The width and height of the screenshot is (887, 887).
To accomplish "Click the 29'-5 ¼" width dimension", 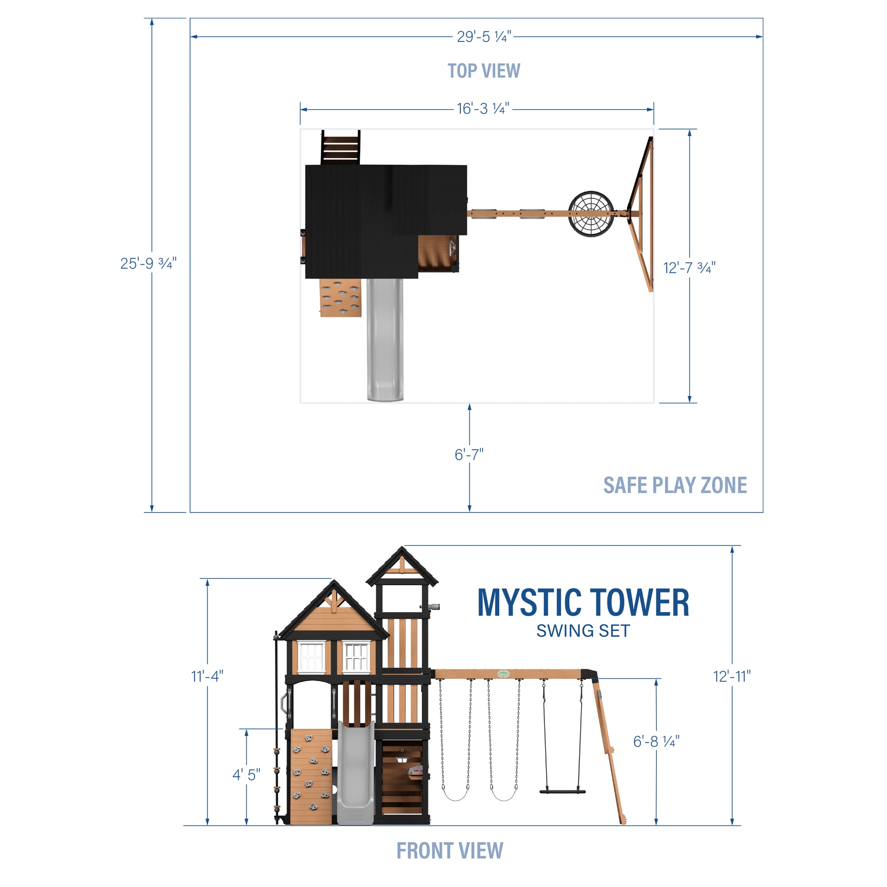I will (x=483, y=37).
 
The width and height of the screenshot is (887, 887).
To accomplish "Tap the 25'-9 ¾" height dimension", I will (x=148, y=263).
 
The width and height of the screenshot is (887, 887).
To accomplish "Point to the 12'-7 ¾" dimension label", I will (x=689, y=268).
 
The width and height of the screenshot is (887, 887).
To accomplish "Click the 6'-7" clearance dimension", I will (x=469, y=455).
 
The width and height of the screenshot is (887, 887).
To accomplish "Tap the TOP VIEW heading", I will (x=483, y=71).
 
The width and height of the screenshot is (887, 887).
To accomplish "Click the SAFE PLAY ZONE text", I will (x=675, y=485).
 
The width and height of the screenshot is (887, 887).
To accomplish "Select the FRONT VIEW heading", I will (x=449, y=851).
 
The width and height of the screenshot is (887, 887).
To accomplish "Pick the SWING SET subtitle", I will (x=583, y=631).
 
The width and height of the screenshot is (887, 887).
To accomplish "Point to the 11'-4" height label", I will (x=207, y=676).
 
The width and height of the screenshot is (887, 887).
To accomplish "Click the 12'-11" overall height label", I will (x=732, y=676).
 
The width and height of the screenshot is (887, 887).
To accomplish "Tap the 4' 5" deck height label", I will (x=246, y=775).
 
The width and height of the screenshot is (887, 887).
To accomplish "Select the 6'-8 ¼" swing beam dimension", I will (x=655, y=742).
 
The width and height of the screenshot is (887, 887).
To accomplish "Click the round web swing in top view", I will (x=591, y=213).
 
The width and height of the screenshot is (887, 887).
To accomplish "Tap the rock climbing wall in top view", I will (x=340, y=298).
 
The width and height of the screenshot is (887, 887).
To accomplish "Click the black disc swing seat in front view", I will (x=562, y=792).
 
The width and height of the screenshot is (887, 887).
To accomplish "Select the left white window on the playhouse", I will (x=312, y=657).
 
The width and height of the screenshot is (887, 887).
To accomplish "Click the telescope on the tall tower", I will (x=432, y=607).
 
